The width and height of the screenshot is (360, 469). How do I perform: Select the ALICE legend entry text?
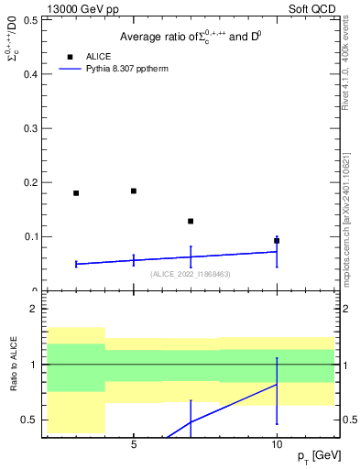click(x=99, y=57)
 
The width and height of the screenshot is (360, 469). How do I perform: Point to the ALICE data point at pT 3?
click(x=76, y=193)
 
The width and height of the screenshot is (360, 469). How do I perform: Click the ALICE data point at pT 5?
click(x=134, y=191)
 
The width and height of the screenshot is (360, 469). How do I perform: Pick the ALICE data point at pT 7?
click(x=191, y=222)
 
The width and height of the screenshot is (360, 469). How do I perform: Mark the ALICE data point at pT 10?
click(x=277, y=241)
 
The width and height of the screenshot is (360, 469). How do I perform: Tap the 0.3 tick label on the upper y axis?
click(x=28, y=128)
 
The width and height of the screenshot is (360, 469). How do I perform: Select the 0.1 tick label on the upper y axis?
click(x=28, y=236)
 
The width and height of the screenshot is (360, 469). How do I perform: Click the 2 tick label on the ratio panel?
click(x=34, y=310)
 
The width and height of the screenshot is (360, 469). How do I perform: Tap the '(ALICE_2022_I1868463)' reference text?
click(x=190, y=274)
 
